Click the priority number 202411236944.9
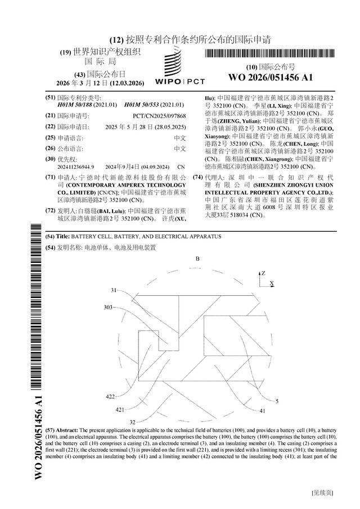[x=76, y=167]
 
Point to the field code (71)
[x=50, y=177]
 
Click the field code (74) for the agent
[x=198, y=177]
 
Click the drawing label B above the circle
[x=197, y=259]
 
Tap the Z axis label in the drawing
[x=263, y=273]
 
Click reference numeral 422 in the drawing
[x=110, y=397]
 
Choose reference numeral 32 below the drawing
[x=133, y=421]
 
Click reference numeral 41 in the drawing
[x=246, y=411]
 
